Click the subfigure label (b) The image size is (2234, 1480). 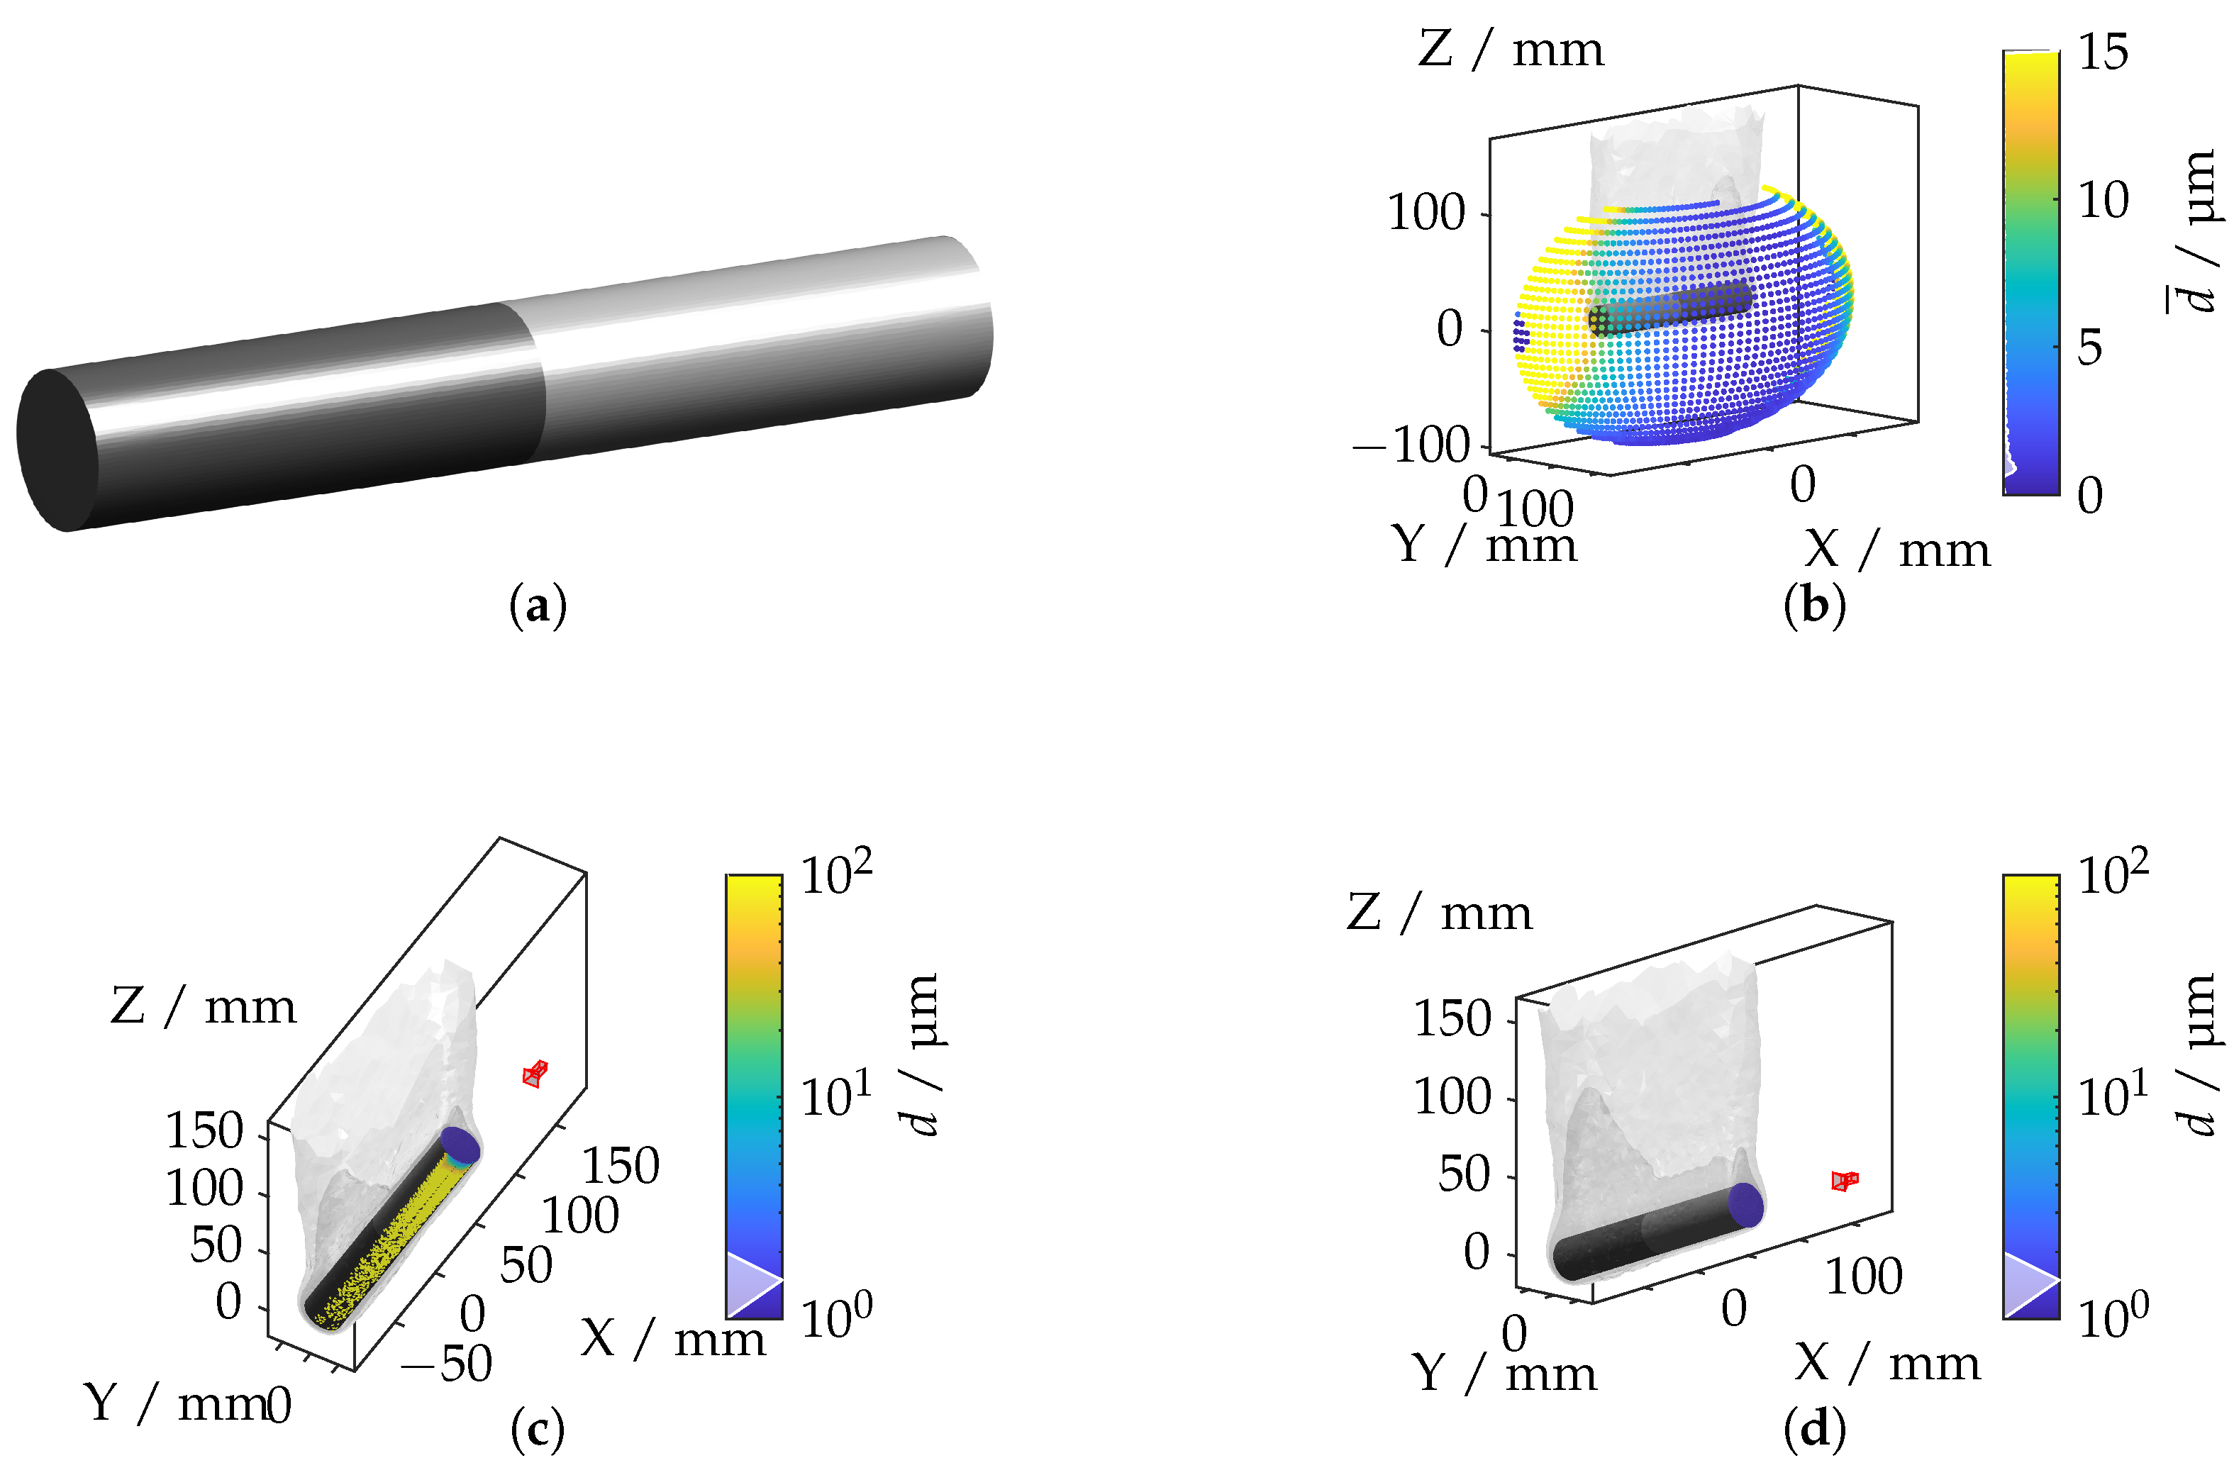click(x=1814, y=605)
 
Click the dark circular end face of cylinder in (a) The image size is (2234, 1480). click(x=57, y=450)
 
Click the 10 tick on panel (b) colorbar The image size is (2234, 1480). click(x=2104, y=199)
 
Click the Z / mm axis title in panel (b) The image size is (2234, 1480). click(x=1510, y=48)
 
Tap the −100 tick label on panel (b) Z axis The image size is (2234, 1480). click(x=1411, y=445)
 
